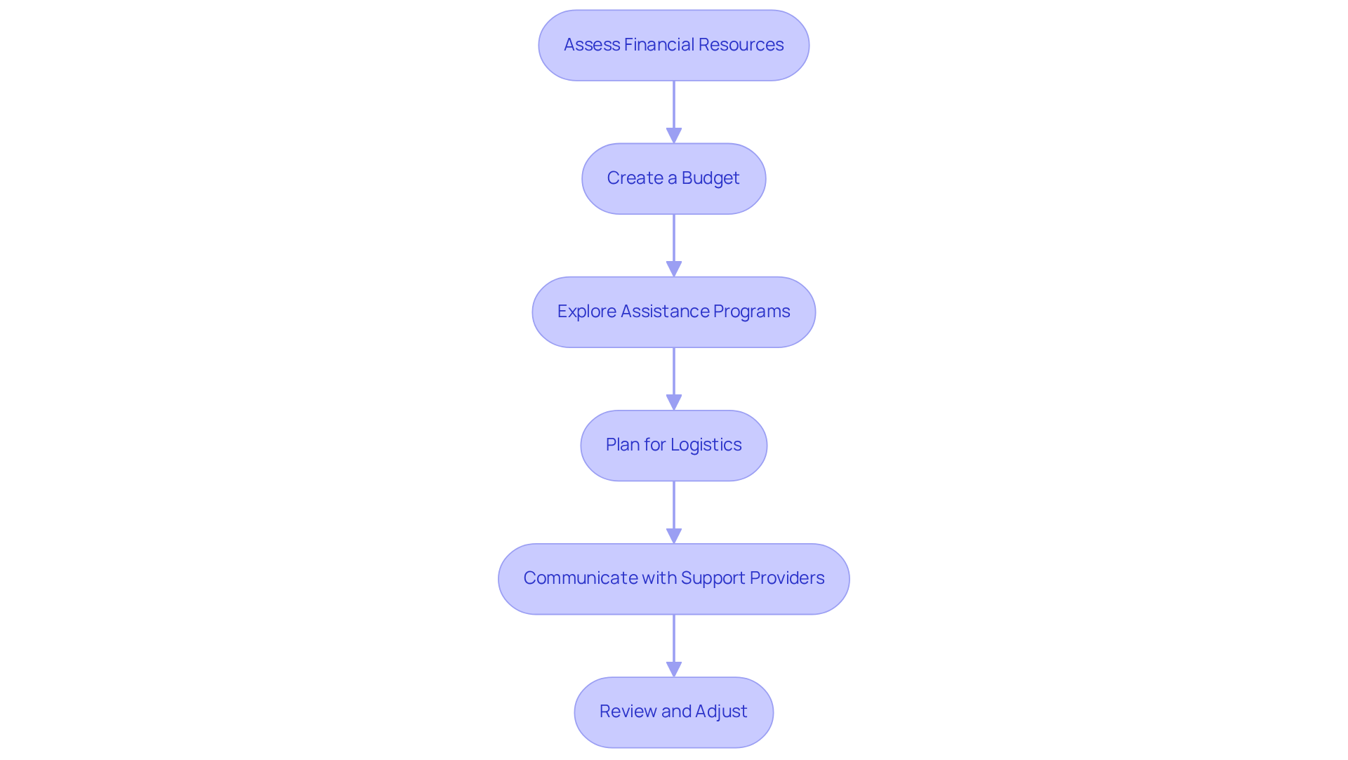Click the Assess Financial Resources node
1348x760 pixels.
pyautogui.click(x=673, y=46)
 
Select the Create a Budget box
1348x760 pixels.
pyautogui.click(x=673, y=179)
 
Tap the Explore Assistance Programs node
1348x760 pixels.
pyautogui.click(x=673, y=312)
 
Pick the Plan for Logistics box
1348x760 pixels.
pyautogui.click(x=673, y=446)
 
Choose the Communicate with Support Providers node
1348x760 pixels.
pyautogui.click(x=673, y=579)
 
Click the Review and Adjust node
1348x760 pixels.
pyautogui.click(x=673, y=712)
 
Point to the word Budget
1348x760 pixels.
pyautogui.click(x=711, y=178)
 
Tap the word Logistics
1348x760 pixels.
pyautogui.click(x=706, y=445)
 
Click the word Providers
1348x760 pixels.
pyautogui.click(x=787, y=578)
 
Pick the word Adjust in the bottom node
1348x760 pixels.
pyautogui.click(x=721, y=712)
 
